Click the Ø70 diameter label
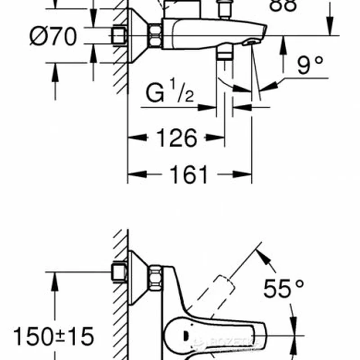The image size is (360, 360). pyautogui.click(x=53, y=36)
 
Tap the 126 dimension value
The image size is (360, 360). pyautogui.click(x=177, y=138)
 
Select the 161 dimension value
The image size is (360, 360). pyautogui.click(x=189, y=175)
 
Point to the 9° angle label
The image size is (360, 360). pyautogui.click(x=310, y=66)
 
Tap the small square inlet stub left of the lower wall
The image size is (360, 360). pyautogui.click(x=118, y=273)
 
